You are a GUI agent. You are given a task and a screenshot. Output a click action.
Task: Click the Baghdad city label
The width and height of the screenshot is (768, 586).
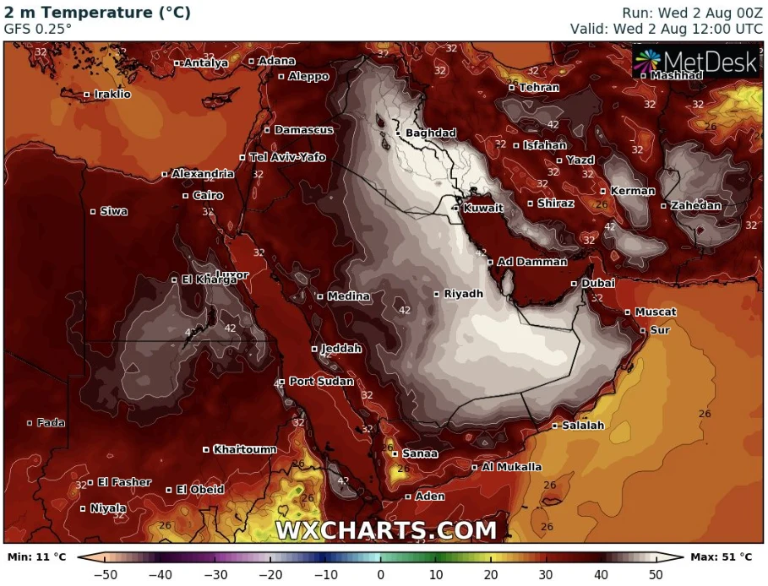[430, 133]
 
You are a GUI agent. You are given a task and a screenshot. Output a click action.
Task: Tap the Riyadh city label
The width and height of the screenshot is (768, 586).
[463, 294]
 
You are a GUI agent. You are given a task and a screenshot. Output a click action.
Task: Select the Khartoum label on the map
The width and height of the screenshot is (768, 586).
[244, 449]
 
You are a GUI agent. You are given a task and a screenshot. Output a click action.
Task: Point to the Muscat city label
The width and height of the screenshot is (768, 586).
[655, 312]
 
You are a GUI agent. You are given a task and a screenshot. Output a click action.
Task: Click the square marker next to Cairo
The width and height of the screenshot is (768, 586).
[186, 196]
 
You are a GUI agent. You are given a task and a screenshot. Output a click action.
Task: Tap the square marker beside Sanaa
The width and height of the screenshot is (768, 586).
[395, 453]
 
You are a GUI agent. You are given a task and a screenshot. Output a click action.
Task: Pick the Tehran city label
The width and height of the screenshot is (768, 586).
[538, 88]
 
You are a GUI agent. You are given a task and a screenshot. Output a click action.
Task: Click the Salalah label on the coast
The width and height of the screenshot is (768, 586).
[583, 426]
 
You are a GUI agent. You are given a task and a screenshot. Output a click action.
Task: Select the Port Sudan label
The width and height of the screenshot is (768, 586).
[321, 382]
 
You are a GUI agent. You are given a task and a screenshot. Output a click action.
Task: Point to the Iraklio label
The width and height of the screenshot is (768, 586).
[112, 95]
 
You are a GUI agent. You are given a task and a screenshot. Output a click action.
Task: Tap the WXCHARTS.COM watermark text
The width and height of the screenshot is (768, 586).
[385, 530]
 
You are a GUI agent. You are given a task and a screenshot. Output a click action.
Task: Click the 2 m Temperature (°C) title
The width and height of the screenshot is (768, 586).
[98, 13]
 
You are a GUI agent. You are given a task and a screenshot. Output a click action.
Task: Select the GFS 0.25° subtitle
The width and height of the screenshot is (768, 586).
[38, 28]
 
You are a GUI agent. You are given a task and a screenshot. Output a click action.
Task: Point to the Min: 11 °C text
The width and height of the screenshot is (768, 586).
[36, 557]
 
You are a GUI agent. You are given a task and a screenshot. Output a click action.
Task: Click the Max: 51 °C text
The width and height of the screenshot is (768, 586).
[722, 557]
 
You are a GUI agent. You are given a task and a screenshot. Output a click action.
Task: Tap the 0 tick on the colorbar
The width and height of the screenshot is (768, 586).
[380, 575]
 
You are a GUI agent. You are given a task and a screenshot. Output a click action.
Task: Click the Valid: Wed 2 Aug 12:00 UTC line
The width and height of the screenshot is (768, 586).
[666, 28]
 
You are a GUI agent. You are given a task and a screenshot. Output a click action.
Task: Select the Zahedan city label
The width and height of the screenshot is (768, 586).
[695, 206]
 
